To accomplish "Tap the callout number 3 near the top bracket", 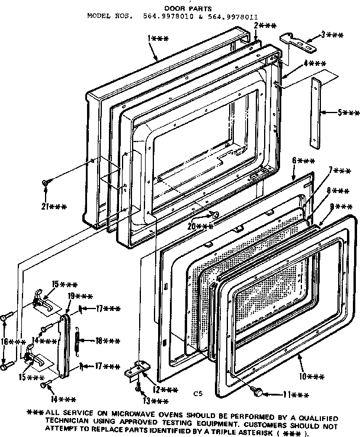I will click(328, 36).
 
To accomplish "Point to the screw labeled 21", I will click(45, 183).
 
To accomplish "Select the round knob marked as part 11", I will click(257, 392).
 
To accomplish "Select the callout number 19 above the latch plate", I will click(78, 295).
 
